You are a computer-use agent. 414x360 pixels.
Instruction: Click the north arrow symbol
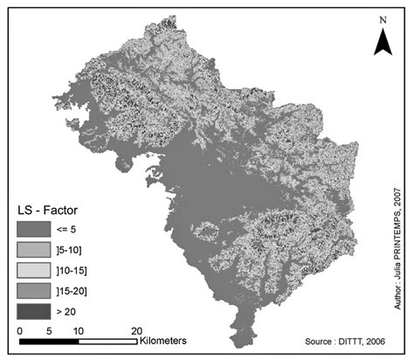[381, 39]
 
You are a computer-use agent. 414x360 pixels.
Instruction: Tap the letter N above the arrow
[381, 18]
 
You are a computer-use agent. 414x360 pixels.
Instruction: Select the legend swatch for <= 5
[34, 230]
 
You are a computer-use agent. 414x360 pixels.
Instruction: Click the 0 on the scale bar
[19, 330]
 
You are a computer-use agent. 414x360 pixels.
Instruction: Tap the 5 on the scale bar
[48, 330]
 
